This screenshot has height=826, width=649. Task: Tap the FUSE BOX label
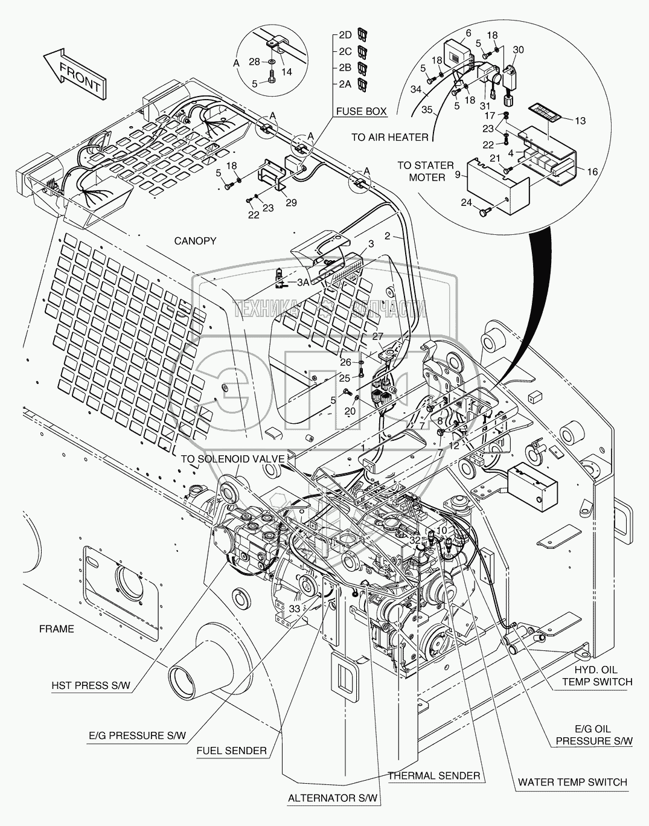coord(361,111)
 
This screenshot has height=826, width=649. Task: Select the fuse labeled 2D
coord(362,34)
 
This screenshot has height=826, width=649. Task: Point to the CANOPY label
coord(195,241)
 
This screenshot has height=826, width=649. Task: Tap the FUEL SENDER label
coord(231,751)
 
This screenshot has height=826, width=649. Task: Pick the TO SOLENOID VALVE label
coord(232,459)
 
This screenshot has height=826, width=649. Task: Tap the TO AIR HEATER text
coord(389,137)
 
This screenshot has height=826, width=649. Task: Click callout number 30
coord(518,50)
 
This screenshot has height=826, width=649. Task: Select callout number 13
coord(580,121)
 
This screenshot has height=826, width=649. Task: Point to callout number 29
coord(291,203)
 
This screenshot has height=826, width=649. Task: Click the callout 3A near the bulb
coord(303,283)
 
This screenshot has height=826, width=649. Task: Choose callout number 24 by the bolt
coord(466,202)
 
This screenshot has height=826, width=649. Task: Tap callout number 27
coord(378,336)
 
